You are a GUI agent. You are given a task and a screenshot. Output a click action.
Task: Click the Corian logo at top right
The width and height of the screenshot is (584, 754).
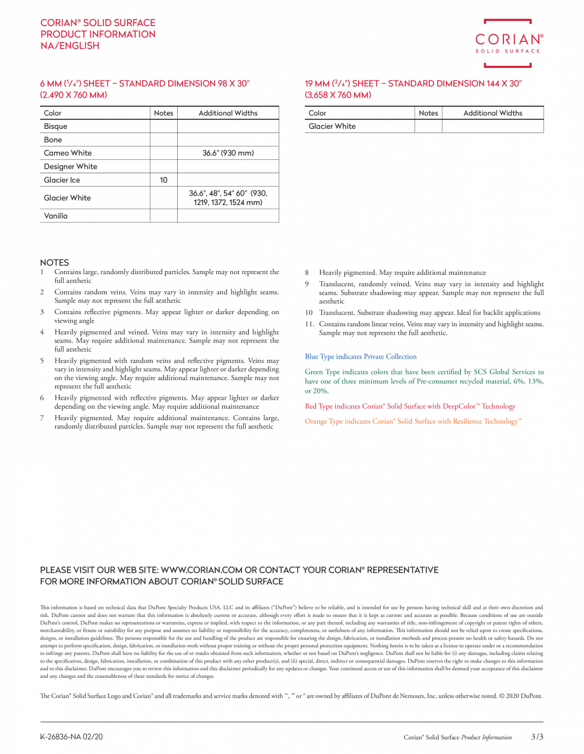(509, 43)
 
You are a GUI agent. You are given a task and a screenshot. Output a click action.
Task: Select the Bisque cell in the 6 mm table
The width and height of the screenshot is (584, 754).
(56, 126)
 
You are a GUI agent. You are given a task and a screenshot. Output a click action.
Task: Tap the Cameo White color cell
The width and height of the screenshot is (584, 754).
(67, 153)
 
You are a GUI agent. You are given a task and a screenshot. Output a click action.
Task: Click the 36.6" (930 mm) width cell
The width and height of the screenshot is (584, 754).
(228, 153)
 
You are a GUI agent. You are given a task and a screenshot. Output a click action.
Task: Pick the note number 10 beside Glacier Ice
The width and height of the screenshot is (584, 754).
(163, 180)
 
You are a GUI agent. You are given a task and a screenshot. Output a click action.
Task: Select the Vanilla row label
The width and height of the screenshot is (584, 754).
(56, 216)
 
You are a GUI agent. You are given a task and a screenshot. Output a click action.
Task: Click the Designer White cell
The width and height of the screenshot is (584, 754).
(70, 166)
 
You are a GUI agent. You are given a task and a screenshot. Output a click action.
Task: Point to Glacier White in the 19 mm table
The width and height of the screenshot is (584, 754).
(332, 126)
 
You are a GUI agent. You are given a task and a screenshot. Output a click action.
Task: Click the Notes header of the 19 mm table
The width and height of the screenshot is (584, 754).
(428, 113)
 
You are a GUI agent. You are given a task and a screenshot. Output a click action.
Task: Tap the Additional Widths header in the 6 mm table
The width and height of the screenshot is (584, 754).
(228, 113)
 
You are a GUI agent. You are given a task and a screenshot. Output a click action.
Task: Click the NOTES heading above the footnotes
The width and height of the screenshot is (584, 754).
(55, 263)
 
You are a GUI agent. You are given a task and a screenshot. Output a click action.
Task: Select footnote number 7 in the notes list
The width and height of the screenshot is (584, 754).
(42, 418)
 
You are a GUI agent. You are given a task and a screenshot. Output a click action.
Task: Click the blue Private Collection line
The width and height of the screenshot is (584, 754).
(361, 357)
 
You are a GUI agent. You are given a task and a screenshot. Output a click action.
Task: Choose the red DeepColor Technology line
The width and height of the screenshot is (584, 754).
(410, 406)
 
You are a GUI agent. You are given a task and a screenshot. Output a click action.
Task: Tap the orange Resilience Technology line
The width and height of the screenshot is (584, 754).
(413, 421)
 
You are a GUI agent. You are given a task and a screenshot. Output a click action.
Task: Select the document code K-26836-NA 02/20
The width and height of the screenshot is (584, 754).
(71, 737)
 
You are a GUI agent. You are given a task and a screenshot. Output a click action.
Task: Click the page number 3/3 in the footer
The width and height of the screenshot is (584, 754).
(537, 737)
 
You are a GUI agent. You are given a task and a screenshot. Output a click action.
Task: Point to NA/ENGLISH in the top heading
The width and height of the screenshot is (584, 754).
(70, 46)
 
